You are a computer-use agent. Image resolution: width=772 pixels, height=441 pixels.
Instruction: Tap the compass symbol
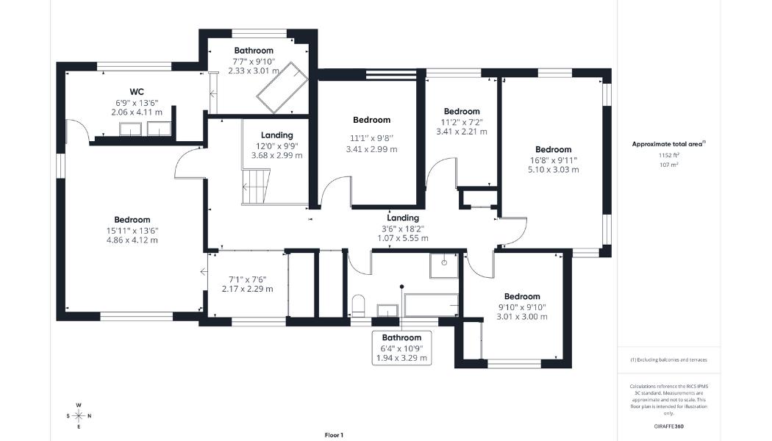(79, 415)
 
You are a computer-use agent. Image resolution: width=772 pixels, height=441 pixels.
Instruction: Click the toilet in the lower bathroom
(359, 305)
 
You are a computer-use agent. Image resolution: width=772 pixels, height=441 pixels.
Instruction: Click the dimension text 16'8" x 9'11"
(553, 159)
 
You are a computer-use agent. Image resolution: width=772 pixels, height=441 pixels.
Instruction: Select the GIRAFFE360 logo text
(668, 426)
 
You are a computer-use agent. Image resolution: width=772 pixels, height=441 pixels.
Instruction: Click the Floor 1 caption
(334, 435)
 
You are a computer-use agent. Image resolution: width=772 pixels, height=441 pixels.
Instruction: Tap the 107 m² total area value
(668, 165)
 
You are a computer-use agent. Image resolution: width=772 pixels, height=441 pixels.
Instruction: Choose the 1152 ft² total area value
(668, 156)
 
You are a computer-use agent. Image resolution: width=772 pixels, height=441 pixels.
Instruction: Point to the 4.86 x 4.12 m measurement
(132, 240)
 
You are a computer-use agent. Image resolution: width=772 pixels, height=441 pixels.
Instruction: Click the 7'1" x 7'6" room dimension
(247, 279)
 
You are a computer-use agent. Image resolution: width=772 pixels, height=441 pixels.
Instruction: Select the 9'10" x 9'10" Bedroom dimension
(522, 307)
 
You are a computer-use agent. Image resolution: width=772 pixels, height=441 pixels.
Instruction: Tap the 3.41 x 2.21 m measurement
(462, 132)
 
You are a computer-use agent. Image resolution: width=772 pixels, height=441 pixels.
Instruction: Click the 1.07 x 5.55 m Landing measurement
(403, 238)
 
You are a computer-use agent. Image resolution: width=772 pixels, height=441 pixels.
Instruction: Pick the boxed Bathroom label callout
(401, 348)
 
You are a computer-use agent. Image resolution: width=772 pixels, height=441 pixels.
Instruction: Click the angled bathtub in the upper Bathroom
(279, 87)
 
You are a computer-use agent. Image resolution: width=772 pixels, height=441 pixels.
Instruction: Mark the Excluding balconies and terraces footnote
(668, 360)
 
